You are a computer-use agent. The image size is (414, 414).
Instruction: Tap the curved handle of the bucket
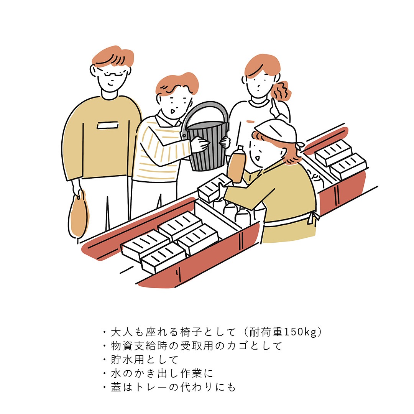pos(206,106)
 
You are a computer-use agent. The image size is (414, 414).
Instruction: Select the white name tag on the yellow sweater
pos(107,125)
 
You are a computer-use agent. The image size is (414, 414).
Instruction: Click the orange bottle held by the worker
pos(237,165)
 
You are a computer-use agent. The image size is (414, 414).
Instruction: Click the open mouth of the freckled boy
pos(172,112)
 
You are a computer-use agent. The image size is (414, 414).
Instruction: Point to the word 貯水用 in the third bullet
pos(128,359)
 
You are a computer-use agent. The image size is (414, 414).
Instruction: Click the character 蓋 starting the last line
pos(116,387)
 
